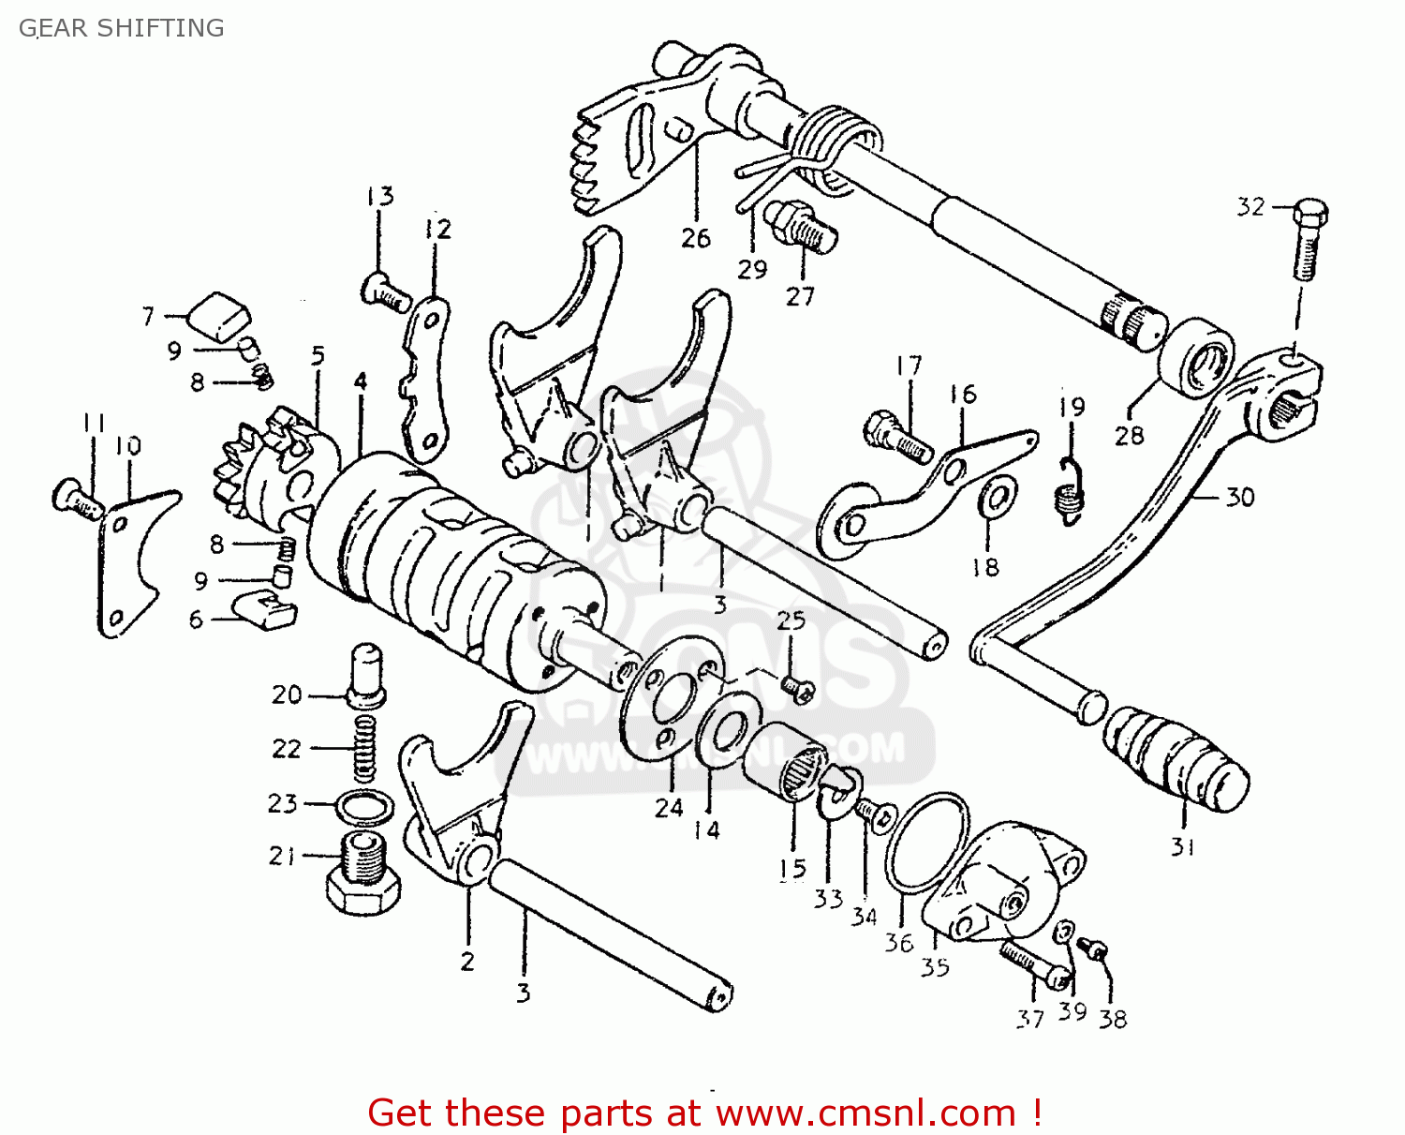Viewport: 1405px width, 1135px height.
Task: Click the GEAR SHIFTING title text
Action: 122,28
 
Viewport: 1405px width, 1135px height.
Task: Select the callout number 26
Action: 696,238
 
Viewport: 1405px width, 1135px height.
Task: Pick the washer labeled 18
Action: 997,498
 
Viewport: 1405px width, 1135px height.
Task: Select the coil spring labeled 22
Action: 365,748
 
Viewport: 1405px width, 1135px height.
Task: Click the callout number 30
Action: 1240,497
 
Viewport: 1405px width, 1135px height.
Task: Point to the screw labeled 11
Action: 77,497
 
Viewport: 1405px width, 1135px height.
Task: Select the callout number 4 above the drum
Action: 361,381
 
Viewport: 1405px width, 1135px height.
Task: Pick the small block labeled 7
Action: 220,313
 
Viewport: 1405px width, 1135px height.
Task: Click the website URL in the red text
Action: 866,1113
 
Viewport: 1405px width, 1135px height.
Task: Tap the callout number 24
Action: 669,807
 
